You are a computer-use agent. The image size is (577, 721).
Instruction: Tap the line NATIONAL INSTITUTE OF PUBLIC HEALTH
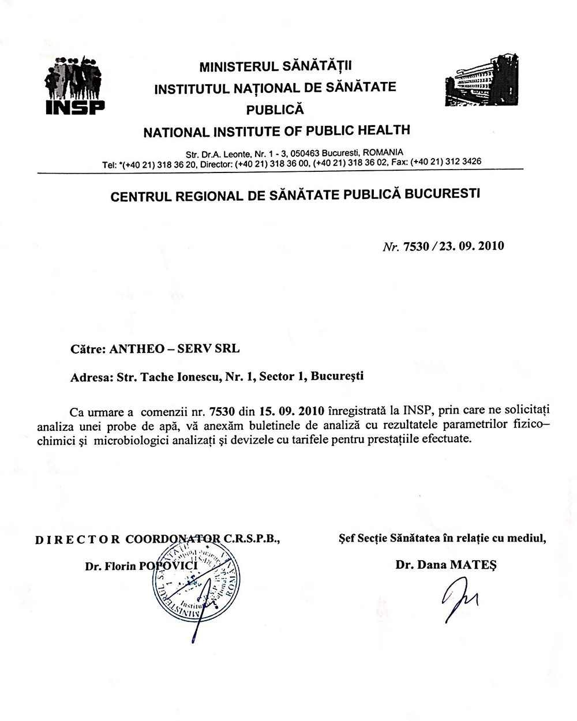pyautogui.click(x=276, y=131)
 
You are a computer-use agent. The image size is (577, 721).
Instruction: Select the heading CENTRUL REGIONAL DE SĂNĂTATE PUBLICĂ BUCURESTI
pyautogui.click(x=295, y=194)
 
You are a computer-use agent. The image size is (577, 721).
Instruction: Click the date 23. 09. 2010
pyautogui.click(x=471, y=246)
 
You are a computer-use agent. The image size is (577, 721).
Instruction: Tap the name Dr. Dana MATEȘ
pyautogui.click(x=446, y=565)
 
